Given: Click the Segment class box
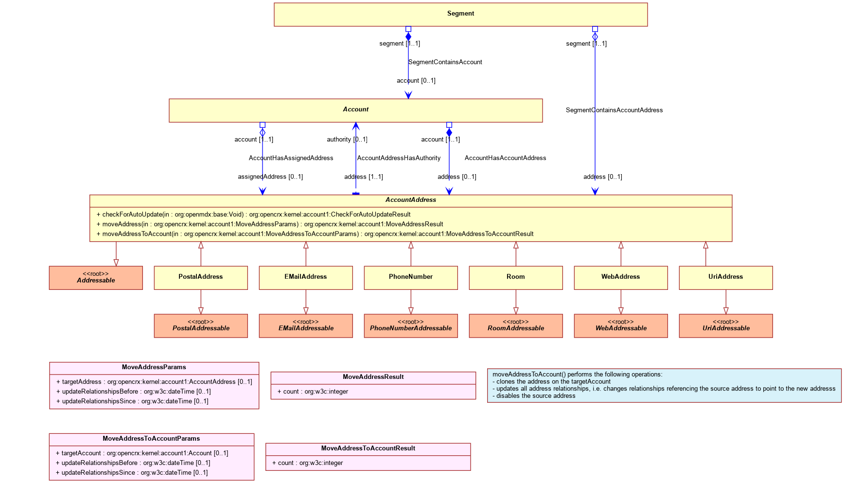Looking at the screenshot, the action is [x=460, y=15].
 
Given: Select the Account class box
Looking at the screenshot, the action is [x=355, y=110].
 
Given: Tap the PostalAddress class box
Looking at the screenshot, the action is [x=201, y=278].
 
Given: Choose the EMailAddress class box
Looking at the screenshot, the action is [x=306, y=278].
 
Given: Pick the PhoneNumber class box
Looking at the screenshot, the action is [x=411, y=278].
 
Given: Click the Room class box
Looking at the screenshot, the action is [x=516, y=278].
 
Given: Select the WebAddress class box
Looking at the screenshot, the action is [x=621, y=278].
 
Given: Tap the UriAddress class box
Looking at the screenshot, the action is [x=726, y=278].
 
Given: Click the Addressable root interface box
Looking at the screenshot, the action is [x=96, y=278].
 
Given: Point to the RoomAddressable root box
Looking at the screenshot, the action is [x=516, y=326].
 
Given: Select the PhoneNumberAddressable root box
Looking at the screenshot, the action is [x=411, y=326].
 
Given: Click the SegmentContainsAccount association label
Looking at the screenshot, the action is [x=445, y=62].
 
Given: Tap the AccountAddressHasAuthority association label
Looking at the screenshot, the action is [x=399, y=158].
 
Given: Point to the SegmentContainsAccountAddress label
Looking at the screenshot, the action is [x=614, y=110].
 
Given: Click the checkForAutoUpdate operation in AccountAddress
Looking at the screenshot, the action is [x=253, y=215].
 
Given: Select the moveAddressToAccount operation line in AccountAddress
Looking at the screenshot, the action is [x=315, y=234].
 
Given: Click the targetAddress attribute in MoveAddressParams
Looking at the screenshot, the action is [x=154, y=382].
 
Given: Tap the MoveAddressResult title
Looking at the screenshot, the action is [x=373, y=377].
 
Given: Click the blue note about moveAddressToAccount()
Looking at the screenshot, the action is [x=664, y=385].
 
